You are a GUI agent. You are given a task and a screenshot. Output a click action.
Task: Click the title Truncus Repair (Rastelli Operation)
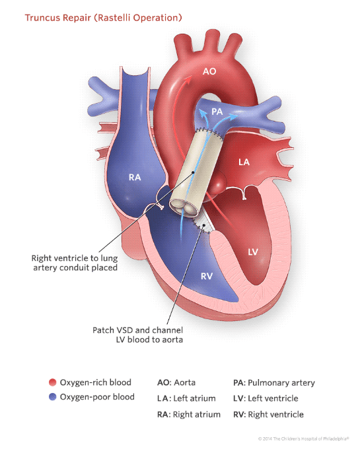tap(103, 16)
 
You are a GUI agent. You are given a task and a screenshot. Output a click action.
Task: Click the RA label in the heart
tap(135, 176)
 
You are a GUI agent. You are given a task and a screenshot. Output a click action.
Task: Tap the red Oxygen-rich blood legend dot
tap(51, 382)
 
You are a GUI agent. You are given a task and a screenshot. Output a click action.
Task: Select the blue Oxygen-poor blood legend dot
tap(51, 397)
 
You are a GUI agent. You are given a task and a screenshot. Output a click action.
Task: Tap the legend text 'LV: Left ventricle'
tap(265, 398)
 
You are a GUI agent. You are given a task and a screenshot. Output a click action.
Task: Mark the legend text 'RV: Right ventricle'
tap(268, 414)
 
